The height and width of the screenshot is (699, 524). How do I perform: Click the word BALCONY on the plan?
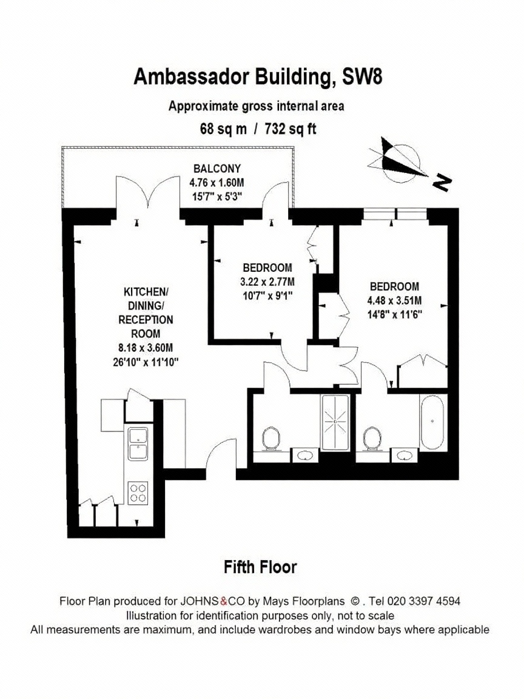[x=217, y=169]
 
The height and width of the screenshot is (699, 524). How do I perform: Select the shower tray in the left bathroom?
[x=335, y=422]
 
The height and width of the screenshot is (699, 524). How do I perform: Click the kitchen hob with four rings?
[x=138, y=493]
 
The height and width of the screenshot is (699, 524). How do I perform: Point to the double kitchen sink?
[x=138, y=444]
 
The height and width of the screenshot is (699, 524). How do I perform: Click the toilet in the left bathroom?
[x=271, y=439]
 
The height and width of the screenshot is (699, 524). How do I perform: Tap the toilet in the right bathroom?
[x=372, y=439]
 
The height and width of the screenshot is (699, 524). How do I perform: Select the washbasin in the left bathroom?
[x=305, y=455]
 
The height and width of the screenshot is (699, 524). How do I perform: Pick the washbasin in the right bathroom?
[x=405, y=455]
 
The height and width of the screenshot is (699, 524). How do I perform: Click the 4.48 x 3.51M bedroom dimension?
[x=394, y=300]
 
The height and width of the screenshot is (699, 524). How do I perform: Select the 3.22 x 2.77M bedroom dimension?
[x=267, y=282]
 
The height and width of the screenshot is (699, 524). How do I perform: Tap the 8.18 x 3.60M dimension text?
[x=146, y=348]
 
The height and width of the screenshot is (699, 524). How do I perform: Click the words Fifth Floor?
[x=260, y=567]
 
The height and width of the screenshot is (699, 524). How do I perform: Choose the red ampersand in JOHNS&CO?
[x=224, y=601]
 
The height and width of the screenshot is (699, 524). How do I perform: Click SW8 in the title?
[x=362, y=76]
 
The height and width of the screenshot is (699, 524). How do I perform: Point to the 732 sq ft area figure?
[x=290, y=129]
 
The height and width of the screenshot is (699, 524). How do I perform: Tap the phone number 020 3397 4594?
[x=424, y=601]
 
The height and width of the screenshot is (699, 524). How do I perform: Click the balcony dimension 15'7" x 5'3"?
[x=217, y=196]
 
